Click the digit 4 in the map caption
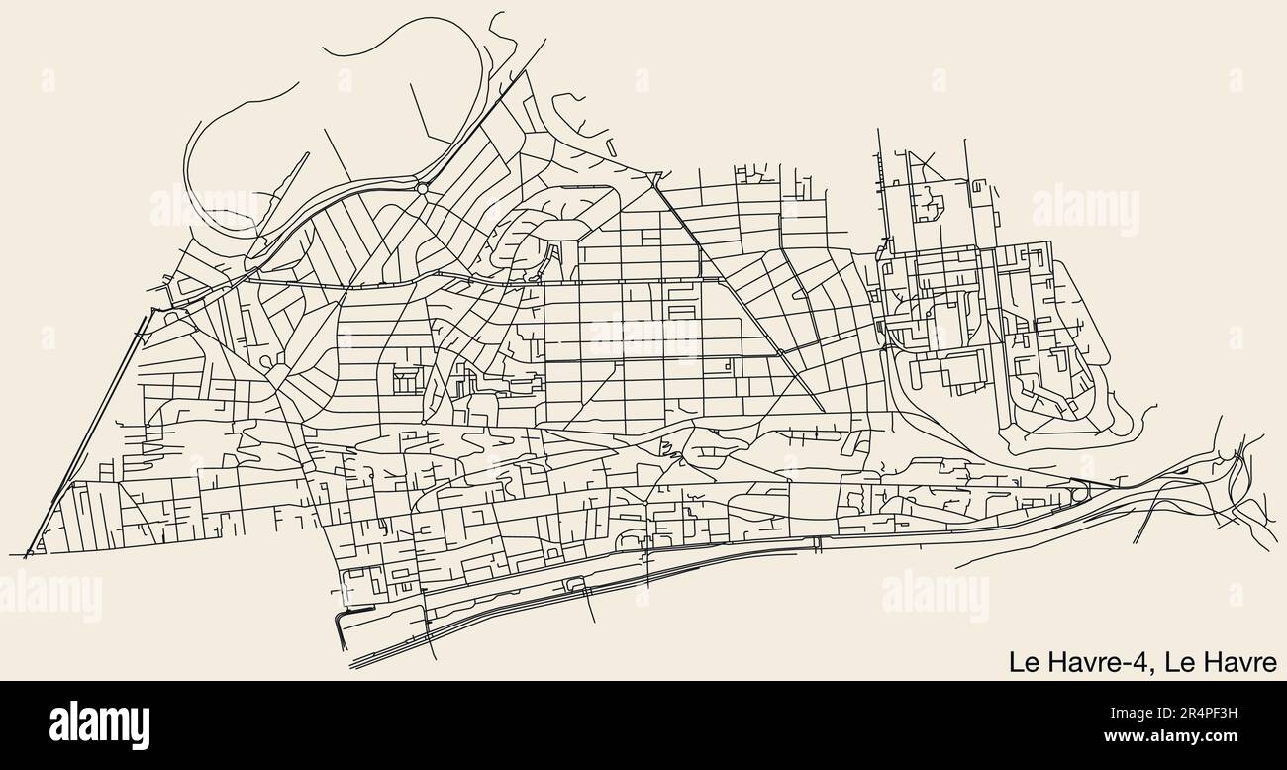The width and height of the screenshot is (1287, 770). pyautogui.click(x=1143, y=661)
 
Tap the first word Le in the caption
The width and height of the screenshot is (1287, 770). pyautogui.click(x=1022, y=661)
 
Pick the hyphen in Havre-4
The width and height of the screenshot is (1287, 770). pyautogui.click(x=1130, y=663)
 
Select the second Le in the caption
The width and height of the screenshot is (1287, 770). pyautogui.click(x=1178, y=661)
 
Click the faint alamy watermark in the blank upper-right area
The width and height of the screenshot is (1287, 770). pyautogui.click(x=1085, y=209)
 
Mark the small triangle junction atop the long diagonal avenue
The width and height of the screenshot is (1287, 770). pyautogui.click(x=653, y=178)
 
